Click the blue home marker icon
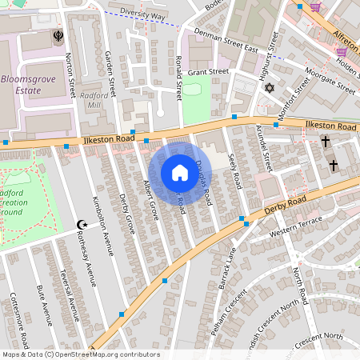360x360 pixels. click(x=179, y=173)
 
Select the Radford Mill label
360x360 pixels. click(x=95, y=100)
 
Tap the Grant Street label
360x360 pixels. click(x=208, y=72)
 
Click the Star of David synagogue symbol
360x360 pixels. click(x=270, y=87)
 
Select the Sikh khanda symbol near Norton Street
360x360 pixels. click(x=57, y=36)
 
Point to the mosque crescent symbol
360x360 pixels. click(x=80, y=226)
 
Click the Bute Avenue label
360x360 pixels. click(x=44, y=305)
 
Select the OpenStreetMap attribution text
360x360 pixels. click(x=80, y=354)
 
